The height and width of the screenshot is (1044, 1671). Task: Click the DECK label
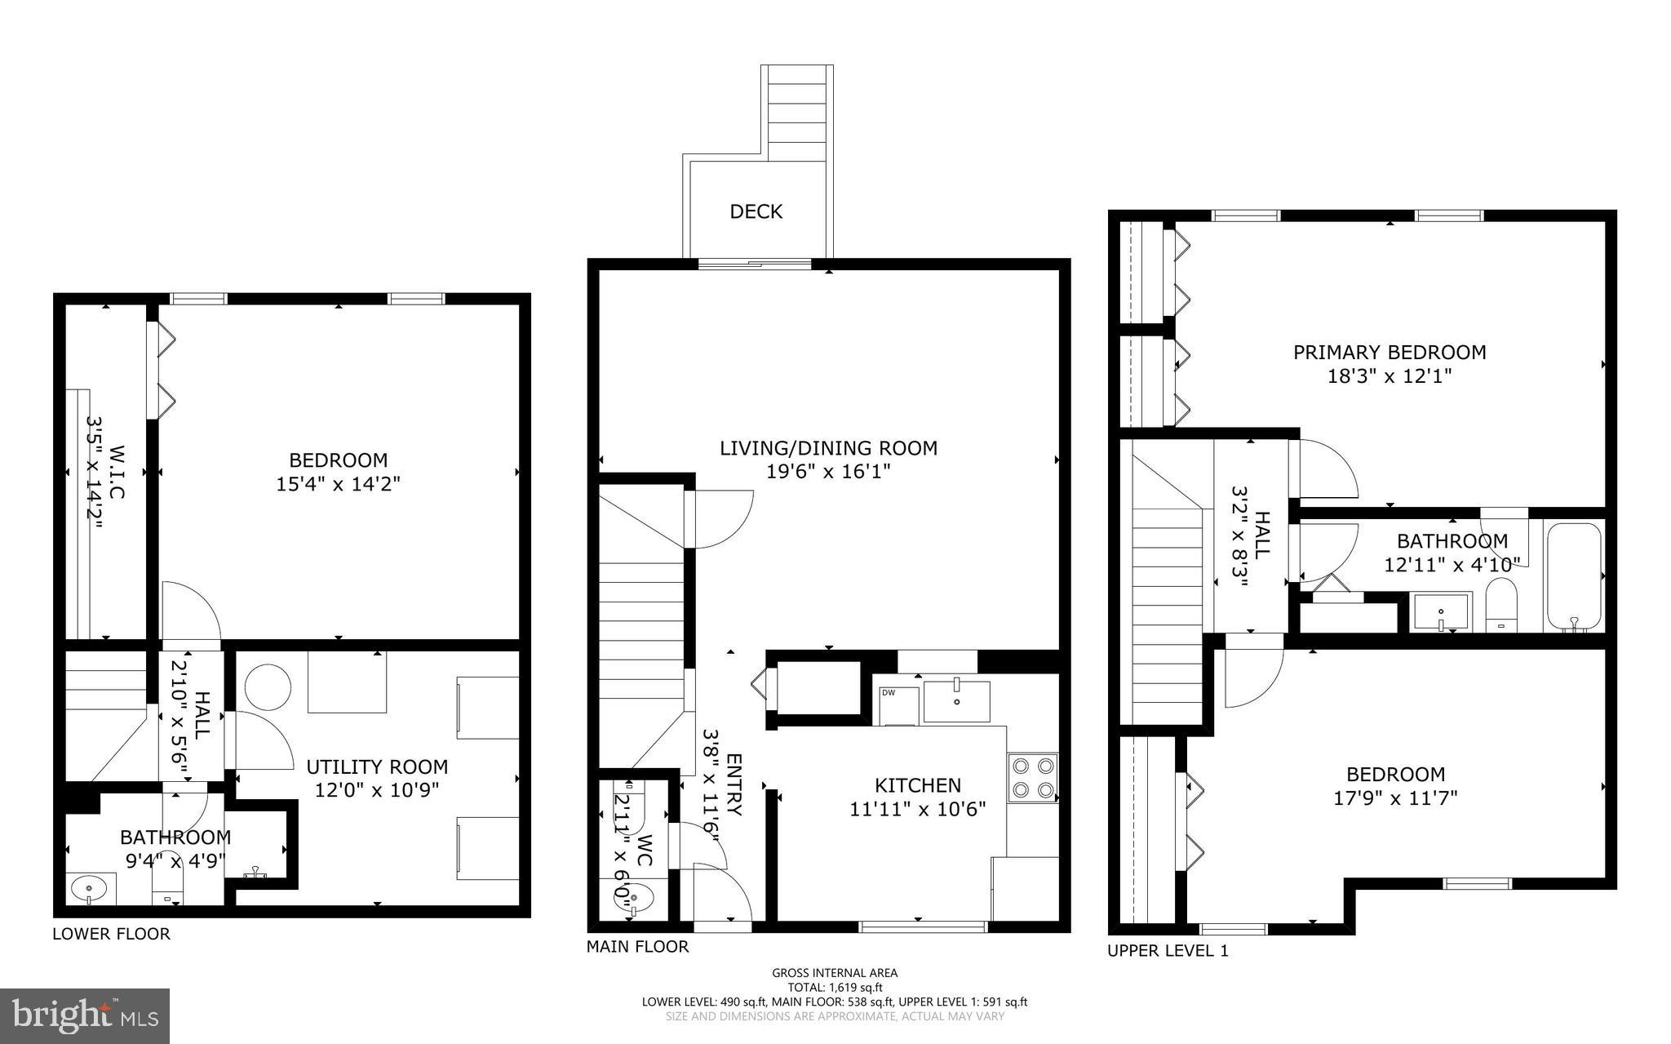pyautogui.click(x=756, y=212)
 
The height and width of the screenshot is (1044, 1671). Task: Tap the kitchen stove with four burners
pyautogui.click(x=1032, y=777)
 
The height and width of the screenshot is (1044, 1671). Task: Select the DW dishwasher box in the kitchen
pyautogui.click(x=898, y=704)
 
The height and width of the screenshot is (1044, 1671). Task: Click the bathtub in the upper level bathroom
pyautogui.click(x=1574, y=576)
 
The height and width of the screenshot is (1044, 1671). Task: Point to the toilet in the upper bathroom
pyautogui.click(x=1500, y=604)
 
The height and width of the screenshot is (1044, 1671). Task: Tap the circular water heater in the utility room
pyautogui.click(x=268, y=687)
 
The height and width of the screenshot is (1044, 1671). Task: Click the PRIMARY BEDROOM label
pyautogui.click(x=1389, y=353)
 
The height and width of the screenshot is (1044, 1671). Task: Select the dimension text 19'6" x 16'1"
pyautogui.click(x=827, y=472)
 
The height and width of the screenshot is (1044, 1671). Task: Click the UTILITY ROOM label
pyautogui.click(x=377, y=767)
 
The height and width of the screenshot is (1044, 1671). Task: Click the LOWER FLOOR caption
pyautogui.click(x=111, y=934)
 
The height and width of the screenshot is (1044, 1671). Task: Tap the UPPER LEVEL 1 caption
pyautogui.click(x=1167, y=951)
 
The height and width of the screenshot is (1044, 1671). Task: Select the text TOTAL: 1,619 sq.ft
pyautogui.click(x=834, y=987)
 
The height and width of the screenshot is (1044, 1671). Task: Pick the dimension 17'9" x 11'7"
pyautogui.click(x=1394, y=797)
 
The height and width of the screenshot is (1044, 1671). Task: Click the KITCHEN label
pyautogui.click(x=917, y=785)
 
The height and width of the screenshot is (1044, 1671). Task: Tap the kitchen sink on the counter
pyautogui.click(x=955, y=701)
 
